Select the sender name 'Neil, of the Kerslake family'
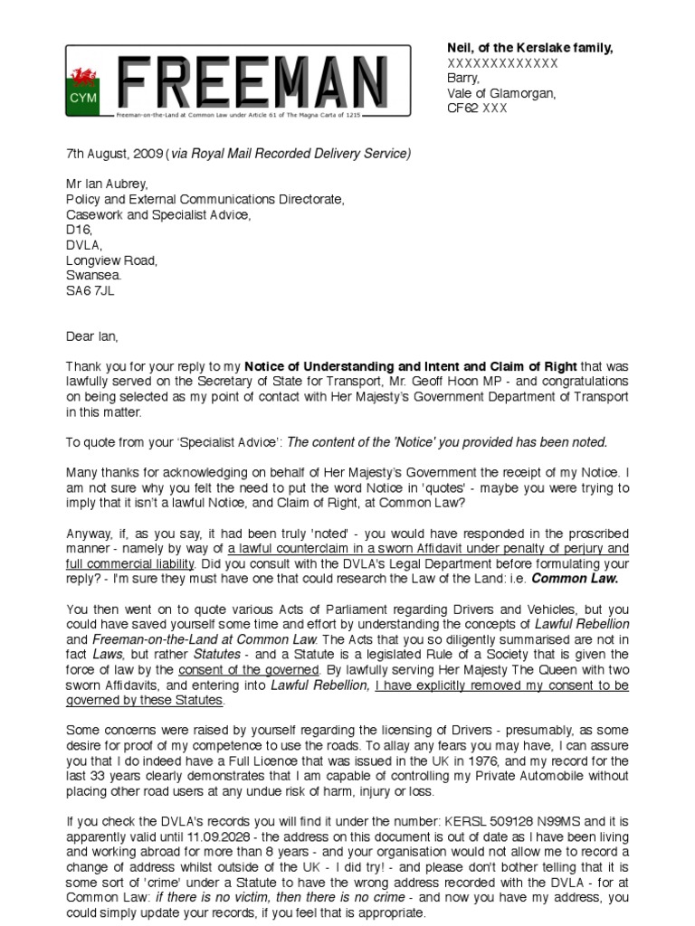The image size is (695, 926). (528, 48)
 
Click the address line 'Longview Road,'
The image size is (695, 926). (111, 261)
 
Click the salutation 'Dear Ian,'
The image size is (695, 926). (91, 336)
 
